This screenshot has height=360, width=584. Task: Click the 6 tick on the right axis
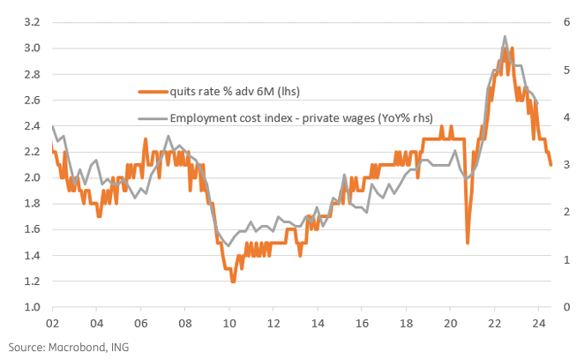(x=559, y=21)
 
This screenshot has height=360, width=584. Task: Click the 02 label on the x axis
(x=52, y=323)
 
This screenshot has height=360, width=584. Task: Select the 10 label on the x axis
(x=229, y=323)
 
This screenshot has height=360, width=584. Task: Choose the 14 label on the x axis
(x=318, y=323)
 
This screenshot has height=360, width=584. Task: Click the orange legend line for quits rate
(x=153, y=90)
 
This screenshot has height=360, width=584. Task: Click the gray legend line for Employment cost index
(x=153, y=118)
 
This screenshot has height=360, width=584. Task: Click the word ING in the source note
(x=120, y=347)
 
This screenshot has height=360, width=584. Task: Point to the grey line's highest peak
(x=505, y=37)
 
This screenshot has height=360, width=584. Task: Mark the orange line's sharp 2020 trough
(x=468, y=243)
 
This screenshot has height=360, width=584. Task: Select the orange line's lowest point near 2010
(x=233, y=281)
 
